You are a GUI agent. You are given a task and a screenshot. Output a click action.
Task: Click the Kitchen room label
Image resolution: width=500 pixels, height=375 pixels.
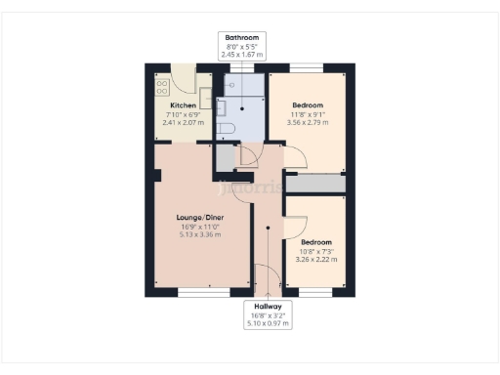[x=184, y=105]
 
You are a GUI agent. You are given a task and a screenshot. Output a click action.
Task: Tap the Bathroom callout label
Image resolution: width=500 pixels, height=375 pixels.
[x=241, y=38]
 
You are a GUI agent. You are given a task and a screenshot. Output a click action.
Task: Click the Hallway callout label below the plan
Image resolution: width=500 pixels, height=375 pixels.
[x=266, y=305]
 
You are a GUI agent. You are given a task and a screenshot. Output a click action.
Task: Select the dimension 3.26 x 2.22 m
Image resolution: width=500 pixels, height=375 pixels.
[x=316, y=260]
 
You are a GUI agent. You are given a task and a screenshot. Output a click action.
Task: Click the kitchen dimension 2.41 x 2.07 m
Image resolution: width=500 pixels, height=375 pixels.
[x=184, y=122]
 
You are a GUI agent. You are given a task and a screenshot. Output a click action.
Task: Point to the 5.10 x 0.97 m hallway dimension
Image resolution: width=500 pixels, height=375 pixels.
[x=266, y=321]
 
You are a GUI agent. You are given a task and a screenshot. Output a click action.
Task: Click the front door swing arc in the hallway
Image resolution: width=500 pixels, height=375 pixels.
[x=263, y=277]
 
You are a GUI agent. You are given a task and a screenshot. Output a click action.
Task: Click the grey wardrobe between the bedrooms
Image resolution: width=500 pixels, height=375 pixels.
[x=315, y=184]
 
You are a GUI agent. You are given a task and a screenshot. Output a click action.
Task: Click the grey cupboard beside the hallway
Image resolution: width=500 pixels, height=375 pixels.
[x=226, y=156]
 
